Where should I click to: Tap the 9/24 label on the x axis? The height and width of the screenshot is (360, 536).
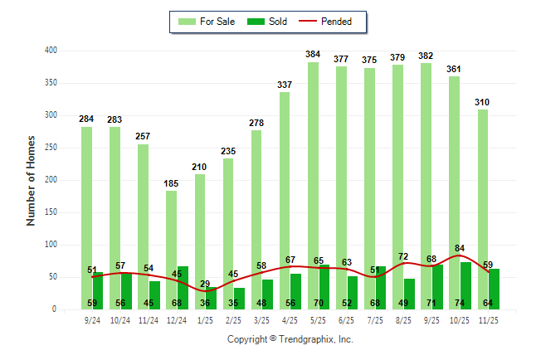pyautogui.click(x=92, y=319)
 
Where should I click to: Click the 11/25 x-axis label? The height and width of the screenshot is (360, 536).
pyautogui.click(x=490, y=319)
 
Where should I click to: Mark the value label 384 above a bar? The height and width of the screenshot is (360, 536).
pyautogui.click(x=313, y=55)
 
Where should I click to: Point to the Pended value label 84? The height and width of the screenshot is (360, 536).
pyautogui.click(x=460, y=247)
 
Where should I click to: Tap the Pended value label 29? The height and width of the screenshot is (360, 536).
pyautogui.click(x=204, y=284)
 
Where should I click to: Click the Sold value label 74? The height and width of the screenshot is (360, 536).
pyautogui.click(x=460, y=304)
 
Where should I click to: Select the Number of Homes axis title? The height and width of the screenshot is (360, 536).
pyautogui.click(x=32, y=180)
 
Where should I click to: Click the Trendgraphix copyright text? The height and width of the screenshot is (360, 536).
pyautogui.click(x=290, y=339)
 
